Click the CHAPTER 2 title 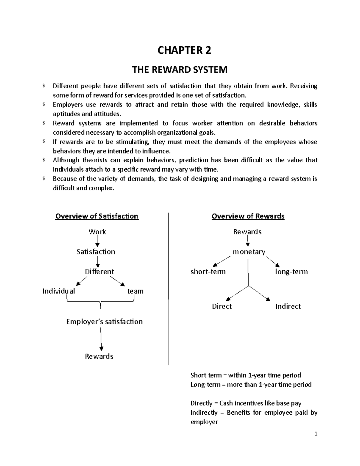click(184, 50)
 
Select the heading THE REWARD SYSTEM click(180, 70)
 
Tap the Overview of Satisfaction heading click(97, 216)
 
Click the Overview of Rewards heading click(248, 216)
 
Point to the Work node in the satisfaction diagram click(97, 232)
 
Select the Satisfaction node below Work click(96, 251)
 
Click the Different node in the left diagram click(99, 272)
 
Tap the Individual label click(59, 291)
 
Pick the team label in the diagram click(135, 291)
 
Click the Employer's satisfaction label click(104, 322)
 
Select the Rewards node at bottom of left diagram click(99, 356)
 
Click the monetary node click(249, 252)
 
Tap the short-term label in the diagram click(208, 272)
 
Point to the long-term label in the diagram click(291, 272)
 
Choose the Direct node click(222, 306)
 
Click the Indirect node click(288, 306)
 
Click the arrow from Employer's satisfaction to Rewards click(101, 339)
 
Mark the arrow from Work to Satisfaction click(97, 241)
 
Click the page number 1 click(316, 434)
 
